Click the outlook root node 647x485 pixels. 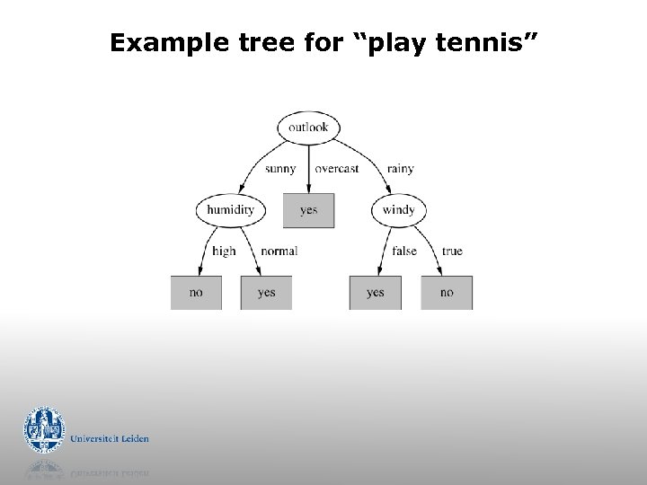(x=308, y=128)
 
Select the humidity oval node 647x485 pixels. (x=230, y=210)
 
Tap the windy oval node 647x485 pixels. (x=398, y=210)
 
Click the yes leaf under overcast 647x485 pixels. (x=308, y=210)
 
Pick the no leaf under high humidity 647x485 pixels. (x=196, y=293)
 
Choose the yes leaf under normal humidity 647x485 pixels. (x=266, y=293)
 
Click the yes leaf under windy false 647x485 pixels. (x=376, y=293)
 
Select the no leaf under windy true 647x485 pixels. (x=447, y=293)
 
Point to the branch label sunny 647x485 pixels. (x=280, y=169)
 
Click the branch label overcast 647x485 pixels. (x=337, y=169)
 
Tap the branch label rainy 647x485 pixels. (x=401, y=169)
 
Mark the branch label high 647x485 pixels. (x=224, y=251)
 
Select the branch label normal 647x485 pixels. (x=279, y=251)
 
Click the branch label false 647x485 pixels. (x=404, y=251)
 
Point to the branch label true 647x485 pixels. (x=452, y=251)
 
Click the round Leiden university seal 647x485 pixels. (x=44, y=431)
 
